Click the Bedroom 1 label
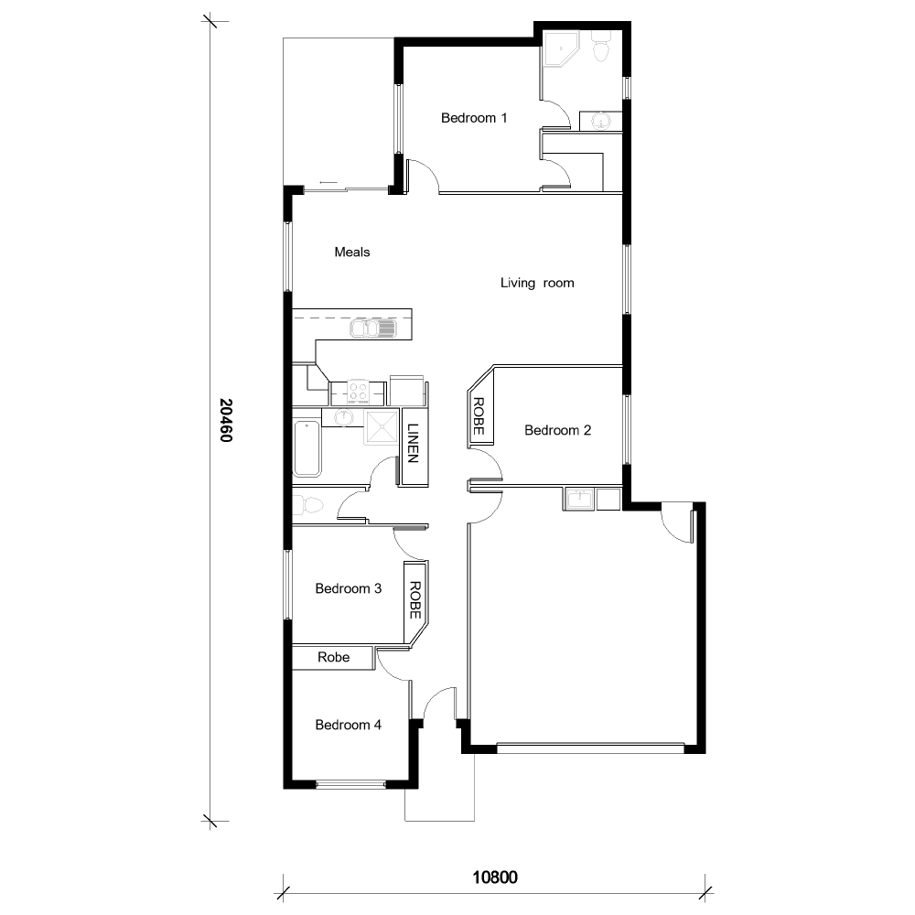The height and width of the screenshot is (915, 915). pos(473,118)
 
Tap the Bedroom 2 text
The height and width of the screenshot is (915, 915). pos(557,430)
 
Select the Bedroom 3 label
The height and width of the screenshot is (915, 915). pos(348,588)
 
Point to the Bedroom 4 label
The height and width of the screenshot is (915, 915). pos(348,725)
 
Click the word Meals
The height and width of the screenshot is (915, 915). pos(352,252)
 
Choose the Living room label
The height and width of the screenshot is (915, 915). pos(537,283)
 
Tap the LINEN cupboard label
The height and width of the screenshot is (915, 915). pos(413,443)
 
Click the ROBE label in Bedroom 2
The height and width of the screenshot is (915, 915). pos(478,417)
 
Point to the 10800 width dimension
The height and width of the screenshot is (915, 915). pos(495,877)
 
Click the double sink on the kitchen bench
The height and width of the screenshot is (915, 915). pos(373,328)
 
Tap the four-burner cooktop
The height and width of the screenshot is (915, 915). pos(358,393)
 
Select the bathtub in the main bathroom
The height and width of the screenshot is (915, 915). pos(307,448)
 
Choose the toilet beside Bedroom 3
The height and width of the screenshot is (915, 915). pos(308,504)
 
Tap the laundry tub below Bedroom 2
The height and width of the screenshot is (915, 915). pos(577,499)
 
